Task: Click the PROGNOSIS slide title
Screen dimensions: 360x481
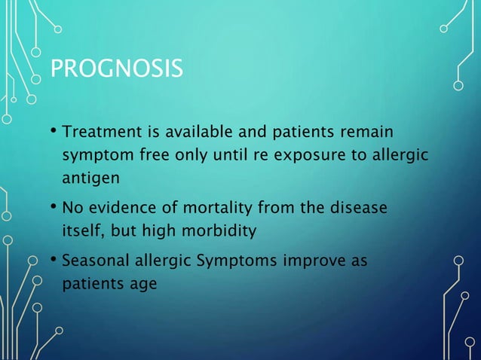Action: (x=116, y=70)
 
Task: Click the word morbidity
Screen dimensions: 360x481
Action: (x=222, y=230)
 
